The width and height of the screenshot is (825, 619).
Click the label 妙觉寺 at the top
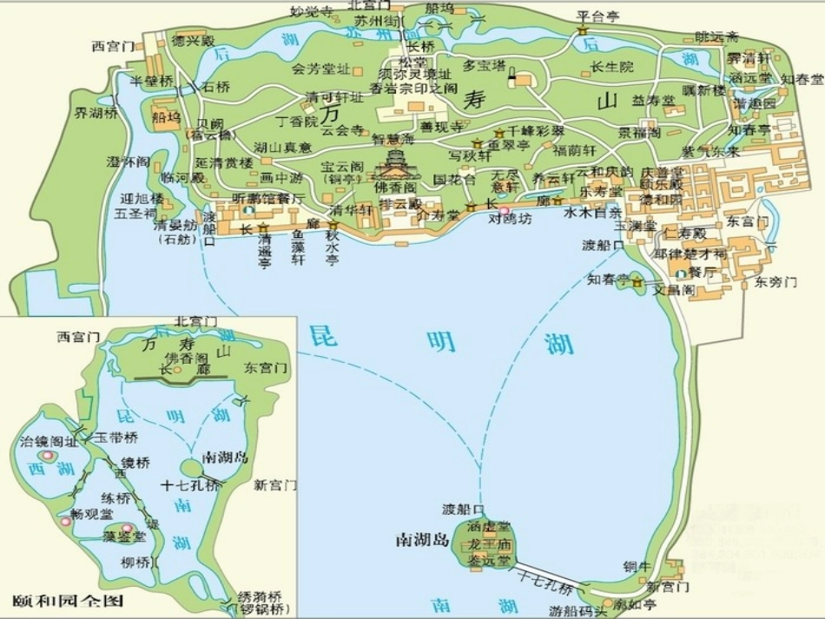[311, 11]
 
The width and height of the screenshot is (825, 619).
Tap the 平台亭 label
[598, 16]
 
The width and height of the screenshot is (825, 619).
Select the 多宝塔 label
[484, 65]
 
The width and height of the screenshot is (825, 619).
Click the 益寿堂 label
[653, 101]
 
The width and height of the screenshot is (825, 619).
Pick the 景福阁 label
[639, 133]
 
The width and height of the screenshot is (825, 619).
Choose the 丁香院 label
[297, 122]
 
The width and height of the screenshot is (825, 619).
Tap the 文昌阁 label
[674, 289]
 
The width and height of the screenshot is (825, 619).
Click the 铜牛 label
[636, 568]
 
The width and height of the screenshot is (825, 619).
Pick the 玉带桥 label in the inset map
[116, 438]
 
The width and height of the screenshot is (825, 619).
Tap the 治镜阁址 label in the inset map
[49, 441]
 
